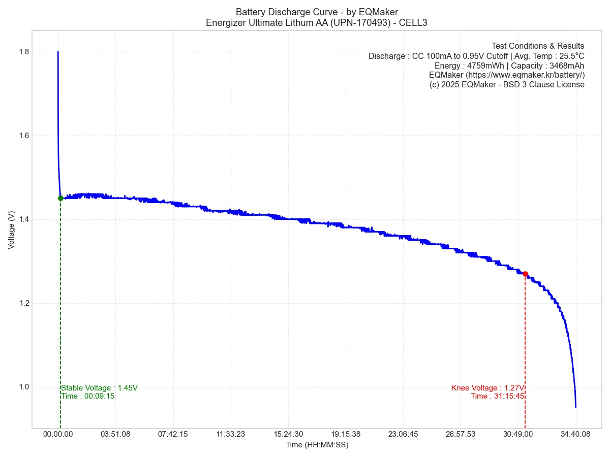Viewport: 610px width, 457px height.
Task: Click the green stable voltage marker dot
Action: tap(60, 198)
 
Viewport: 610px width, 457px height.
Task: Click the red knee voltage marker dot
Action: tap(525, 274)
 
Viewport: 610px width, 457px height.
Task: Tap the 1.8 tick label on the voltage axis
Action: tap(23, 52)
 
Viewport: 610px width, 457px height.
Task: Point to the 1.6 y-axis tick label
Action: tap(23, 136)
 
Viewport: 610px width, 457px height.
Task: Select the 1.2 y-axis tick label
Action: tap(23, 303)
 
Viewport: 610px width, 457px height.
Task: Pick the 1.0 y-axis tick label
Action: tap(23, 387)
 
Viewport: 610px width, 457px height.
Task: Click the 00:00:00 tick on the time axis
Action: tap(58, 435)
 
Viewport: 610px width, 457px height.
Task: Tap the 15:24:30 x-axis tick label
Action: tap(288, 435)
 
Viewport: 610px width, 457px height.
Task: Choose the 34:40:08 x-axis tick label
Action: tap(576, 435)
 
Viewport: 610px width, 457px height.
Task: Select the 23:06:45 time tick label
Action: tap(403, 435)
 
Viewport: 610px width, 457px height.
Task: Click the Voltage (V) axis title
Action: tap(11, 230)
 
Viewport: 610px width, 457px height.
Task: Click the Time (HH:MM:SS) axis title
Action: tap(317, 445)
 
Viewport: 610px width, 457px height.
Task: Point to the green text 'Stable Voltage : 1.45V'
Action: tap(99, 388)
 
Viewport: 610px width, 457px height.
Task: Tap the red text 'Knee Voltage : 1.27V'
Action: tap(487, 388)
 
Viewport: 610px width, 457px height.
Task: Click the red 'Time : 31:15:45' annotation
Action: tap(498, 396)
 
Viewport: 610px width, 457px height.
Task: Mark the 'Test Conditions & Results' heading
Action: tap(538, 46)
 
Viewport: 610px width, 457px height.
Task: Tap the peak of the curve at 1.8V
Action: tap(58, 52)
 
